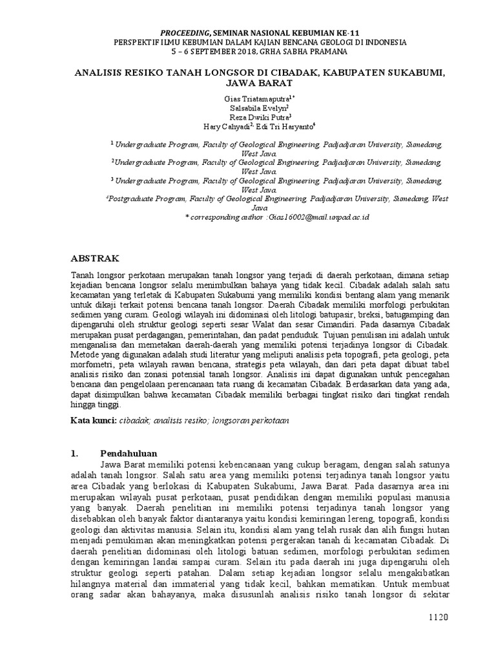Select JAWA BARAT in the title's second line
pos(248,83)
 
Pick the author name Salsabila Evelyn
pos(245,108)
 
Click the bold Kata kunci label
pos(92,421)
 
